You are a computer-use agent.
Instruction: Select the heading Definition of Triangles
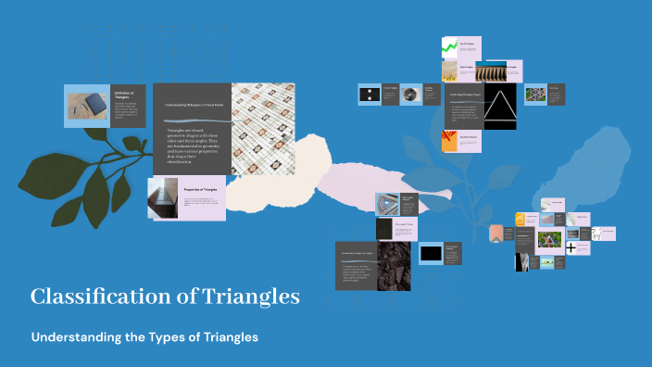125,95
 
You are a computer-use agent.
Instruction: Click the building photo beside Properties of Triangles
163,197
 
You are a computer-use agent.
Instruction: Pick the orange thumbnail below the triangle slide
449,140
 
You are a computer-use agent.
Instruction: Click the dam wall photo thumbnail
501,70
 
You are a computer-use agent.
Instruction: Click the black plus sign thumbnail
571,247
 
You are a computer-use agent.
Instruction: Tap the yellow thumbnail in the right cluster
520,220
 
